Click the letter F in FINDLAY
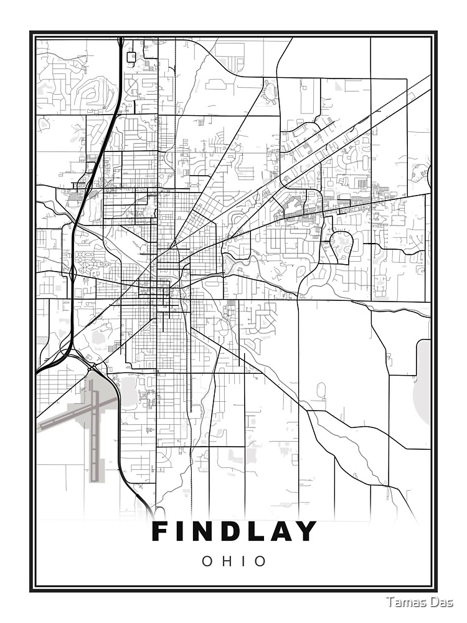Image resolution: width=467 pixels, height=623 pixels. pyautogui.click(x=161, y=531)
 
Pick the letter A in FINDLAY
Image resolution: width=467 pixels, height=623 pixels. pyautogui.click(x=280, y=531)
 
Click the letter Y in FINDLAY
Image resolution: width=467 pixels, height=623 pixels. pyautogui.click(x=306, y=531)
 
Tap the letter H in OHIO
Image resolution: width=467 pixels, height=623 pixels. pyautogui.click(x=227, y=561)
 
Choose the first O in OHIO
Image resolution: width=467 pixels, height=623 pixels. pyautogui.click(x=206, y=561)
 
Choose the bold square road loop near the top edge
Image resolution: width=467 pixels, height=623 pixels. pyautogui.click(x=131, y=57)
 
